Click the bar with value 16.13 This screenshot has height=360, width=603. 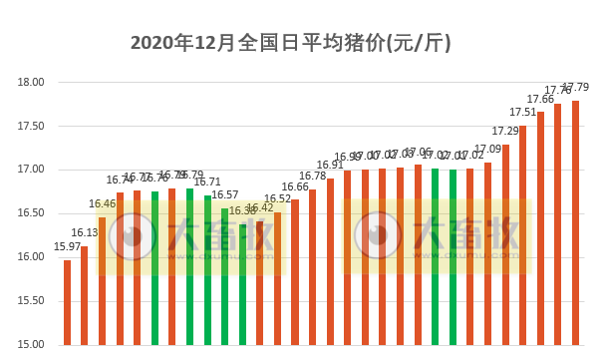[85, 295]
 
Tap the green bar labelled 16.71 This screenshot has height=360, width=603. [207, 269]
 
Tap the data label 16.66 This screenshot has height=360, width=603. [295, 186]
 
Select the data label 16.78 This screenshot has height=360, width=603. [312, 177]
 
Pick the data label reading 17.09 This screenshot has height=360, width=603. [487, 150]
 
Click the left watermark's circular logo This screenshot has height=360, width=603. [132, 237]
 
